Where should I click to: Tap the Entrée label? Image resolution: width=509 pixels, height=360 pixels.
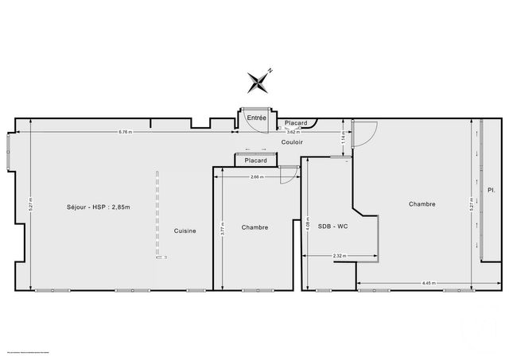(x=256, y=118)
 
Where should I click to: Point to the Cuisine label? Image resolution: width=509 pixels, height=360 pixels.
(x=185, y=230)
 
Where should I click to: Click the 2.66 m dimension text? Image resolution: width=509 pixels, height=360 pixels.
(x=256, y=176)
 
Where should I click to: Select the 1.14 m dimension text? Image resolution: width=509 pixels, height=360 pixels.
(x=344, y=137)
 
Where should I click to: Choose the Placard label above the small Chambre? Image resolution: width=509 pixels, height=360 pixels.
(x=256, y=161)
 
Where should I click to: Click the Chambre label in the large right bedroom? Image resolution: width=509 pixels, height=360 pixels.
(x=422, y=204)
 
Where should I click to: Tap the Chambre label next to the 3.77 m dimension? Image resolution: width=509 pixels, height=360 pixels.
(x=256, y=227)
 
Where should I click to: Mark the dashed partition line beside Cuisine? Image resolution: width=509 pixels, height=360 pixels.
(x=158, y=215)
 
